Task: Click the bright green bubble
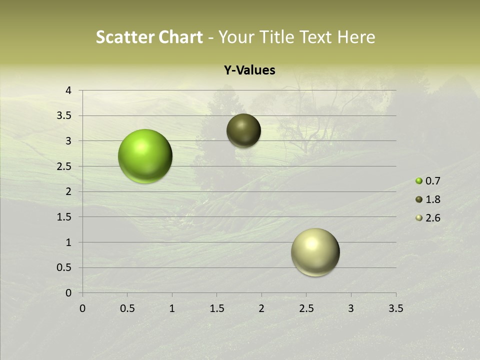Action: (x=145, y=156)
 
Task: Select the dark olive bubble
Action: (x=244, y=130)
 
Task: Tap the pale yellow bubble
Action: (x=315, y=252)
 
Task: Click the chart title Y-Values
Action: (x=249, y=70)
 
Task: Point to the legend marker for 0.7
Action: (x=419, y=181)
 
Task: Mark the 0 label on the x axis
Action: (x=82, y=308)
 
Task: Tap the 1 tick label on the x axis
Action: (x=172, y=308)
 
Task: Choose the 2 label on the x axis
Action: (x=261, y=308)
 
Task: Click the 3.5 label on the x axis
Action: (x=395, y=308)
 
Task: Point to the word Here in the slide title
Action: (x=356, y=37)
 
